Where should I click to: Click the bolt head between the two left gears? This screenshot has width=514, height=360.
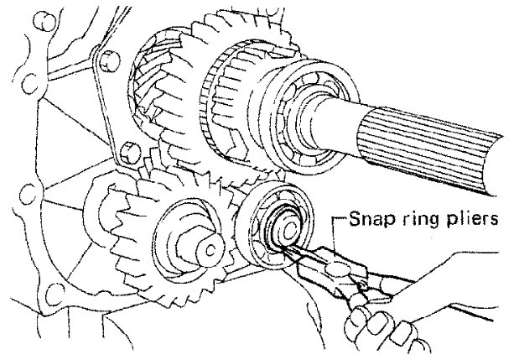(127, 153)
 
